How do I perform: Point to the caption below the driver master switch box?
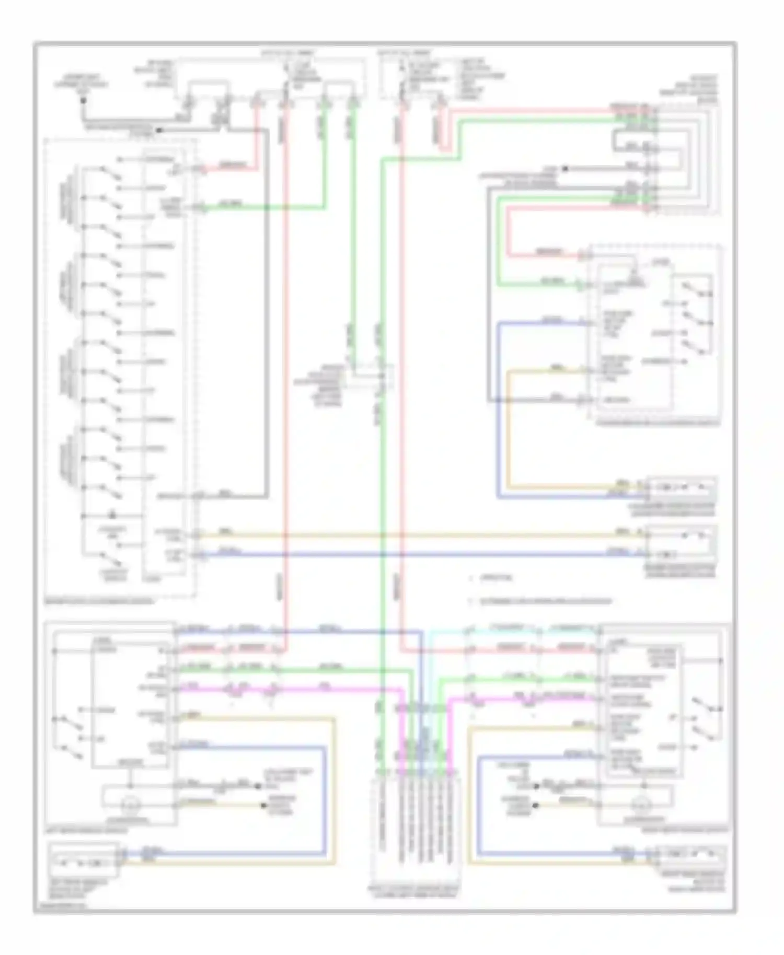pos(99,601)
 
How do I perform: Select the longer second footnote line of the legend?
pos(544,601)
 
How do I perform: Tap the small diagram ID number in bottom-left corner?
pos(60,907)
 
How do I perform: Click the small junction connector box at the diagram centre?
pos(372,377)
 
